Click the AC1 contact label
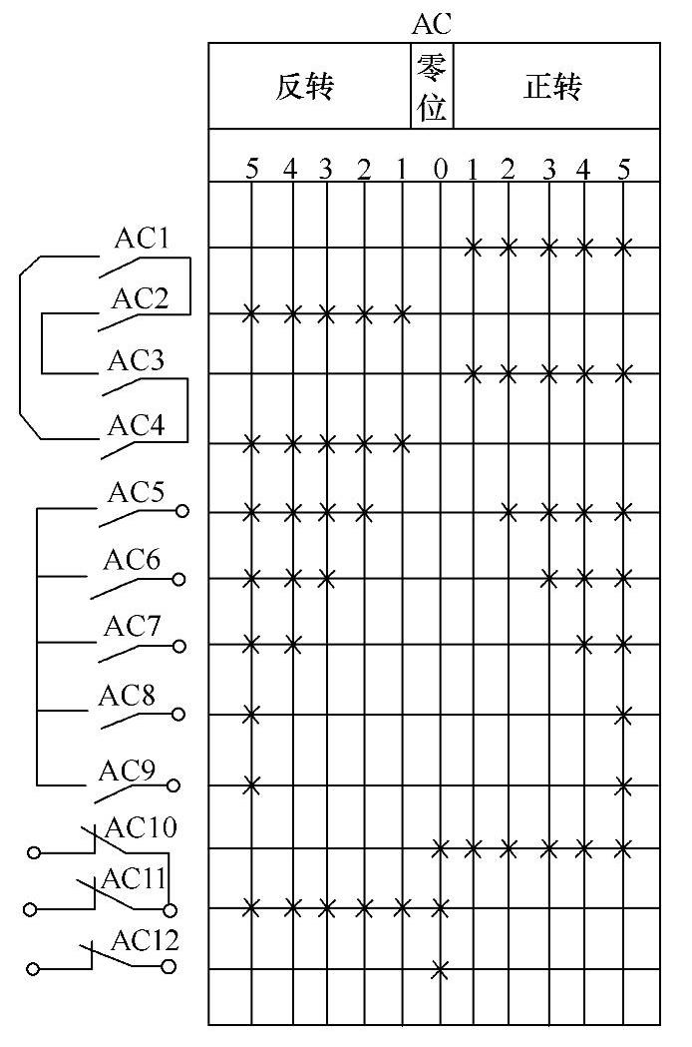(x=143, y=239)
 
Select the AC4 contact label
(x=136, y=424)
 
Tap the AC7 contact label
(x=134, y=627)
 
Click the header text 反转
(x=304, y=88)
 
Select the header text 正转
(x=552, y=88)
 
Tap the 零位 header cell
(x=432, y=88)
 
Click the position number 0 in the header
(x=441, y=170)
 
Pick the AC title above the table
(x=432, y=26)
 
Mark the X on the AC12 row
(x=440, y=969)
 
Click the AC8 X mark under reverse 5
(x=251, y=715)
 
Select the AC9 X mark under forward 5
(x=624, y=785)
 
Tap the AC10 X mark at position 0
(x=440, y=849)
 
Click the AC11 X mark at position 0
(x=440, y=908)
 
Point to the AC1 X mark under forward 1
(x=474, y=247)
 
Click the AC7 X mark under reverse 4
(x=292, y=644)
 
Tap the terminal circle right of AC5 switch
(x=182, y=512)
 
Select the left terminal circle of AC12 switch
(x=34, y=968)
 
